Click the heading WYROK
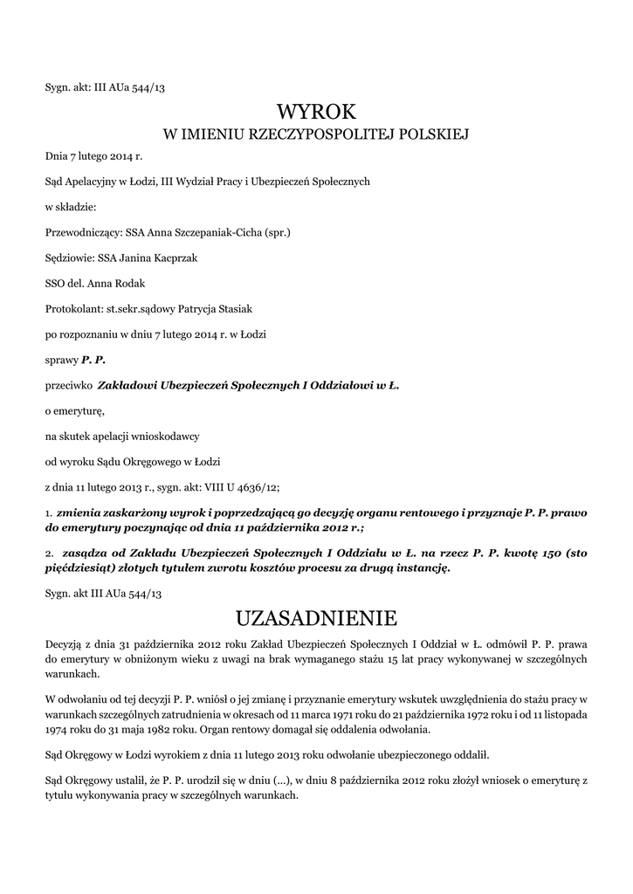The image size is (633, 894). [316, 112]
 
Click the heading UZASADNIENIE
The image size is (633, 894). [316, 619]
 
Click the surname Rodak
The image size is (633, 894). [106, 284]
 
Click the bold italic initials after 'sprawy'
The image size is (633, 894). [93, 360]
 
